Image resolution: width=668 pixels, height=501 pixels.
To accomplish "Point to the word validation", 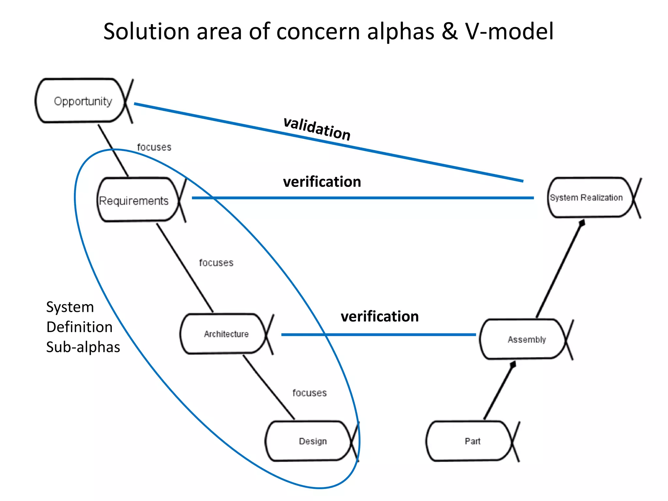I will pyautogui.click(x=317, y=129).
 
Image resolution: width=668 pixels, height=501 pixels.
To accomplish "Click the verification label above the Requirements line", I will pyautogui.click(x=322, y=182).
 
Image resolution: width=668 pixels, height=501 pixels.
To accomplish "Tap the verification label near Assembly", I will pyautogui.click(x=380, y=316).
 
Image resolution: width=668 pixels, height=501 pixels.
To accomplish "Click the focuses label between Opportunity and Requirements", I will pyautogui.click(x=154, y=147).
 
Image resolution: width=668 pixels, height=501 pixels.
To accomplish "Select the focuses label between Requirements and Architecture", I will pyautogui.click(x=216, y=263).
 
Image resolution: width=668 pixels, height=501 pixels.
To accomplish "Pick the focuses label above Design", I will pyautogui.click(x=309, y=393).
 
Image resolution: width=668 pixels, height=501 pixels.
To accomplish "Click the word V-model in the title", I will pyautogui.click(x=509, y=32).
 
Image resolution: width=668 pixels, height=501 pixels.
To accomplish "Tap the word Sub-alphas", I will pyautogui.click(x=83, y=347).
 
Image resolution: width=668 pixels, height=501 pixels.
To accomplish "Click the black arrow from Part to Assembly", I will pyautogui.click(x=499, y=391).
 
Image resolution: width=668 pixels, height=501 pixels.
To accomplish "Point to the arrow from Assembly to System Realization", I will pyautogui.click(x=559, y=269).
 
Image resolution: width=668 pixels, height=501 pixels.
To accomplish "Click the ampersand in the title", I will pyautogui.click(x=449, y=32).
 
